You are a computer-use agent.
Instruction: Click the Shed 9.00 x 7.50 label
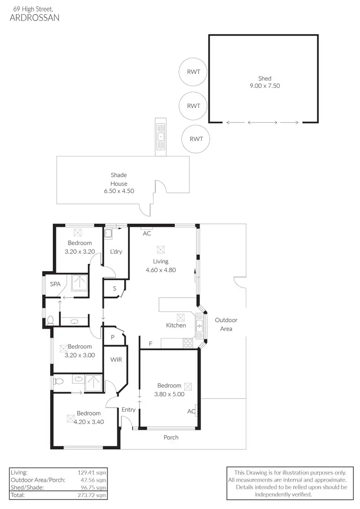coord(264,82)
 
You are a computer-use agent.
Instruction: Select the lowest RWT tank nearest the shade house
coord(196,139)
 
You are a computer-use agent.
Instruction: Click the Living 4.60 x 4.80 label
coord(161,265)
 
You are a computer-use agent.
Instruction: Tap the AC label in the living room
coord(147,234)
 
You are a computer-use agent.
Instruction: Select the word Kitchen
coord(176,325)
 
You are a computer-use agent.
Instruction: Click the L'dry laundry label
coord(116,251)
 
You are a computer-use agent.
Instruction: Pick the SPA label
coord(56,284)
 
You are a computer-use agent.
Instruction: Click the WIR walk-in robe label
coord(116,359)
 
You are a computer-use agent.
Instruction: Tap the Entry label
coord(129,410)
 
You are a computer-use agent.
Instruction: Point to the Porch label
coord(171,437)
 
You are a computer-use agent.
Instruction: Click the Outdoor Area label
coord(226,324)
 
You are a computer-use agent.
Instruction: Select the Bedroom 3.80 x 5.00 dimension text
coord(169,394)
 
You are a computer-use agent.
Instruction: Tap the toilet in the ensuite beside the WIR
coord(59,381)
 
